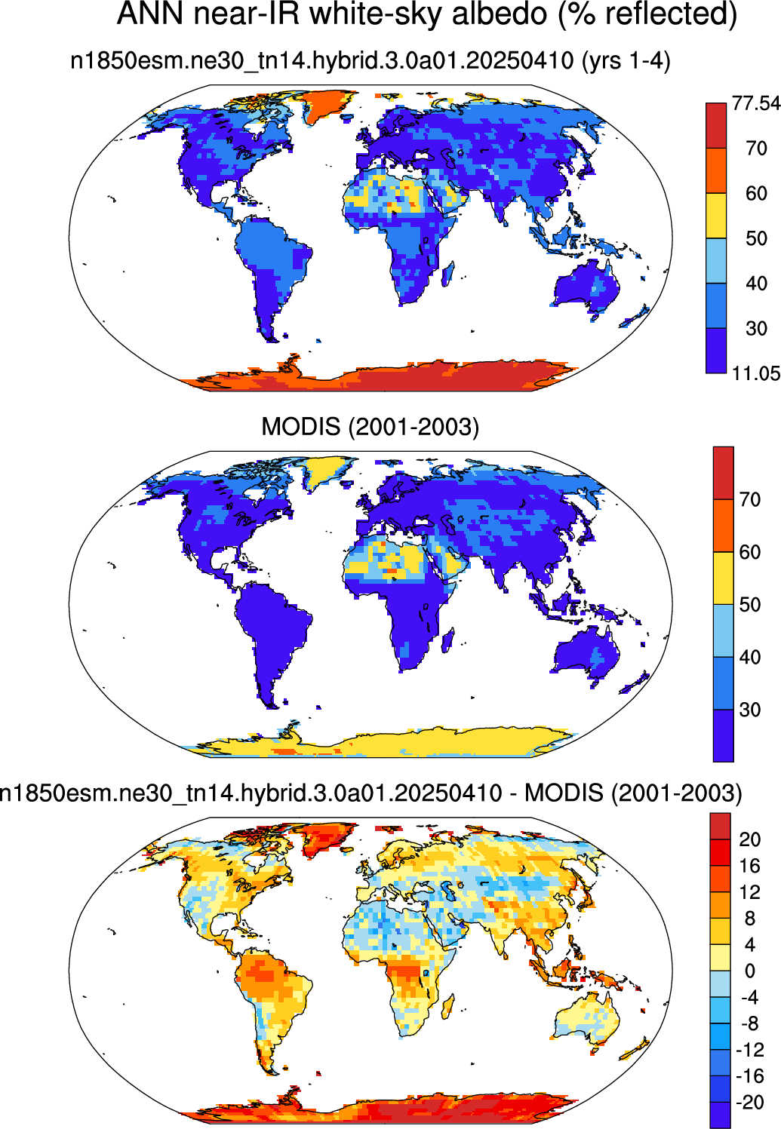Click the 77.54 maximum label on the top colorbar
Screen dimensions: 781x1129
(x=756, y=103)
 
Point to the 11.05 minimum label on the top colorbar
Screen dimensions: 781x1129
(x=756, y=373)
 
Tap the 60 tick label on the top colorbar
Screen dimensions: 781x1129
(x=756, y=194)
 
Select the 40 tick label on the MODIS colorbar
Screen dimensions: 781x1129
(x=750, y=657)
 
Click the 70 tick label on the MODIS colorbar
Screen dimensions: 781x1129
(x=750, y=499)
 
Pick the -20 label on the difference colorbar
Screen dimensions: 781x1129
(x=750, y=1103)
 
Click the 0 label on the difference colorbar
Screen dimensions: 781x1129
(x=750, y=971)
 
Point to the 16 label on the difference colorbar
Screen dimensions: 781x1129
(x=750, y=866)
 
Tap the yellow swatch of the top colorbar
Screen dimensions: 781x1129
(x=716, y=216)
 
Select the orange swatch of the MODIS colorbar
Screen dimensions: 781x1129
(x=723, y=526)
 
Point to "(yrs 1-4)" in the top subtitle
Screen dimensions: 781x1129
(x=626, y=62)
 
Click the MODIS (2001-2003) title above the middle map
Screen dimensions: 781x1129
(x=370, y=427)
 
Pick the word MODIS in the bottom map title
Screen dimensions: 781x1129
(x=564, y=793)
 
